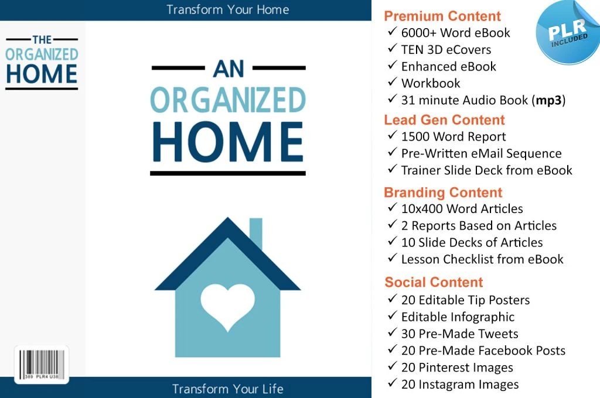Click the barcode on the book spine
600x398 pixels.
pos(42,365)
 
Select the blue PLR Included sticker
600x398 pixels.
pos(568,32)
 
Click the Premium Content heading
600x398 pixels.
pos(442,16)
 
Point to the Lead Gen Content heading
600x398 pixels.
pos(444,119)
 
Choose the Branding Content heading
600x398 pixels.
pos(443,193)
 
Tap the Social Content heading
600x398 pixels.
pos(434,282)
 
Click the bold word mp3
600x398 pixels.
pos(548,101)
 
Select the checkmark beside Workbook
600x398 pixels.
pos(392,81)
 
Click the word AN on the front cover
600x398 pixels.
pos(229,69)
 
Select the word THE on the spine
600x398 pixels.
pos(42,40)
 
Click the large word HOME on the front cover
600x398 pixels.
pos(228,142)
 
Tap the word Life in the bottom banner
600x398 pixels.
pos(273,389)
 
